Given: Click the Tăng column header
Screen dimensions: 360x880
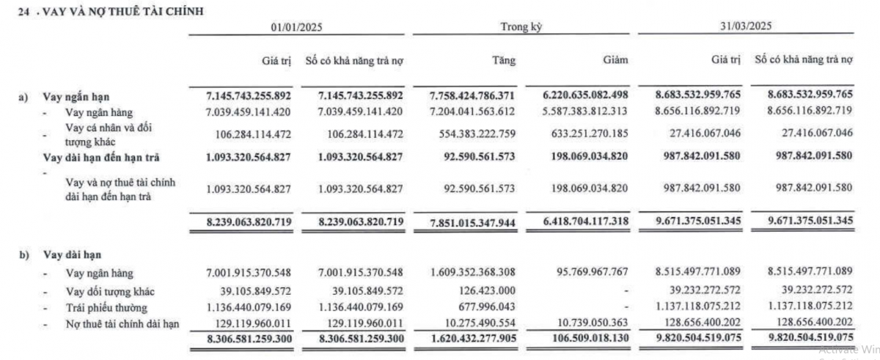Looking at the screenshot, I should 503,60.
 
